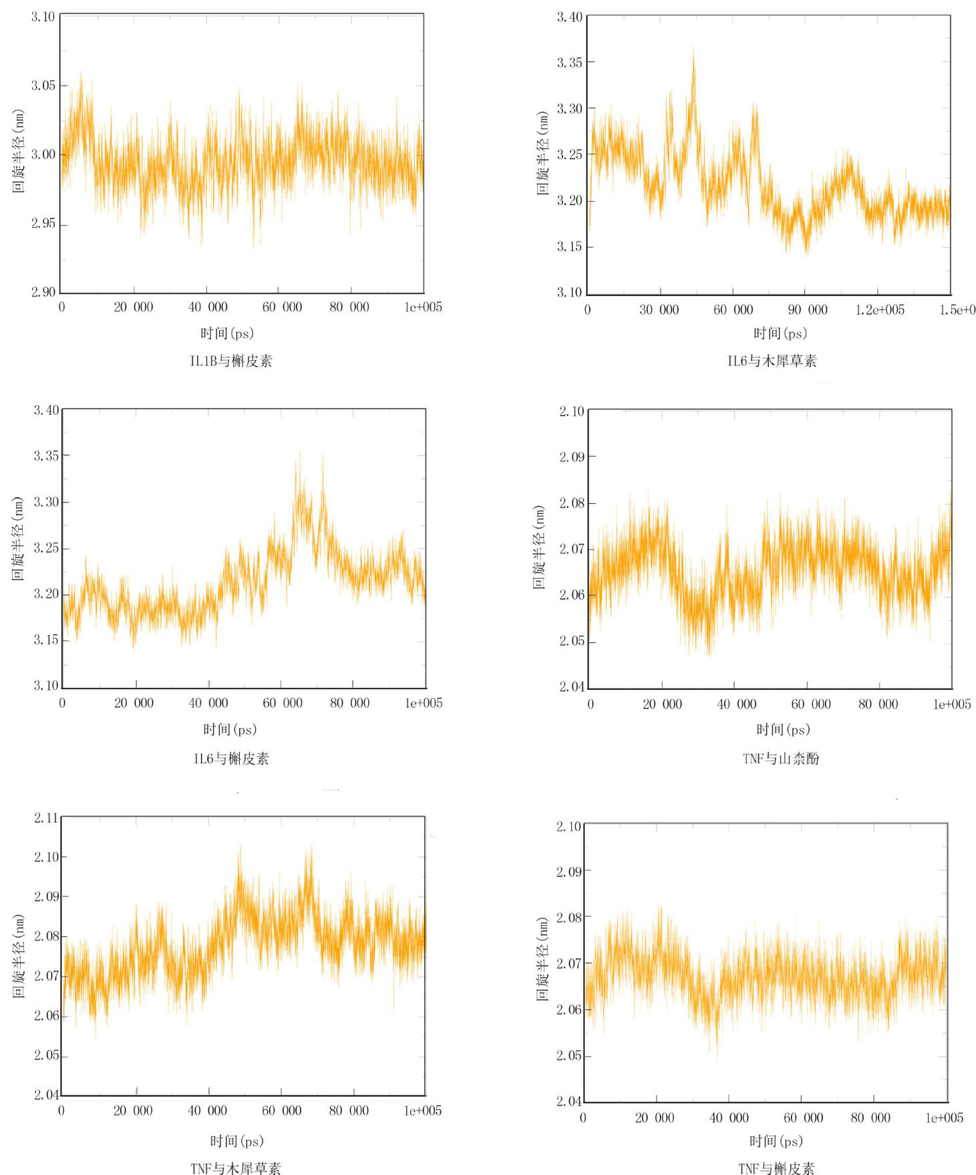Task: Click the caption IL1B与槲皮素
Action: [231, 361]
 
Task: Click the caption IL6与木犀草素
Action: [772, 361]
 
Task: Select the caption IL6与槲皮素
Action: [231, 758]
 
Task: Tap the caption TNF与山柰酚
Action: [780, 758]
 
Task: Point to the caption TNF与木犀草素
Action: [235, 1168]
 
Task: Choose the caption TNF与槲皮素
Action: [776, 1168]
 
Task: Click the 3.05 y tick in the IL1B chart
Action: [43, 86]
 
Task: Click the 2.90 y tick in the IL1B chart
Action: [43, 292]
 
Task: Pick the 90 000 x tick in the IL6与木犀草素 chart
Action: [807, 309]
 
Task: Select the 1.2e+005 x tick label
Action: [880, 309]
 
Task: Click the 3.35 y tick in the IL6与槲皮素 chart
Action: [46, 456]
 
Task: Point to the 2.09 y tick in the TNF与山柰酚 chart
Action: [572, 457]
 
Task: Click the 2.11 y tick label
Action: [46, 817]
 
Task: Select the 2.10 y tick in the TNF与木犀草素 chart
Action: [46, 857]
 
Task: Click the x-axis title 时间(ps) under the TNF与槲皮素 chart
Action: [776, 1140]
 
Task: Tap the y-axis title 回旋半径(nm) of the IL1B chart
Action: [19, 151]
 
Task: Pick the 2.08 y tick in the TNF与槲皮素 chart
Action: [569, 918]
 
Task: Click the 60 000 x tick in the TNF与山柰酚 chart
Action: [810, 704]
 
